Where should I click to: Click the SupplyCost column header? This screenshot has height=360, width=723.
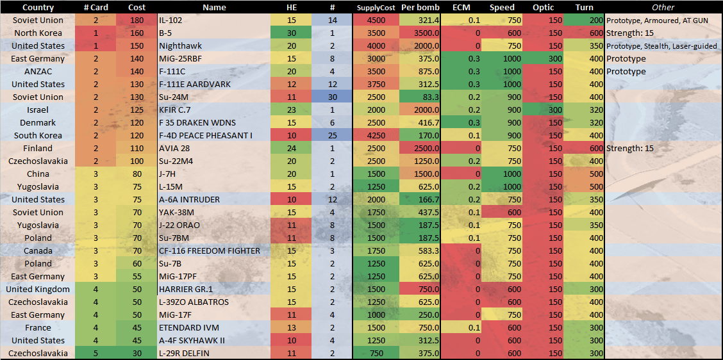click(376, 8)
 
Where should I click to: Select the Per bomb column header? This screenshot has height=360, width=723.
click(420, 8)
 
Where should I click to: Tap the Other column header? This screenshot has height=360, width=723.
click(663, 8)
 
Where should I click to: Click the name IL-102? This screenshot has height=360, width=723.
click(172, 20)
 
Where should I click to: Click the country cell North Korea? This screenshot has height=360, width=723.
click(38, 33)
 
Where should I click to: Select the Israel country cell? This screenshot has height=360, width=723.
click(38, 110)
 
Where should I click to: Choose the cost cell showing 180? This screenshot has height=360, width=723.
click(137, 20)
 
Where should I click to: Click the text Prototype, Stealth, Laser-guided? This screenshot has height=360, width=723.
click(662, 46)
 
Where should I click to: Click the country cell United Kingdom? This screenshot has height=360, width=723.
click(38, 290)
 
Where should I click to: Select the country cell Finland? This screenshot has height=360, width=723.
click(38, 149)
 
